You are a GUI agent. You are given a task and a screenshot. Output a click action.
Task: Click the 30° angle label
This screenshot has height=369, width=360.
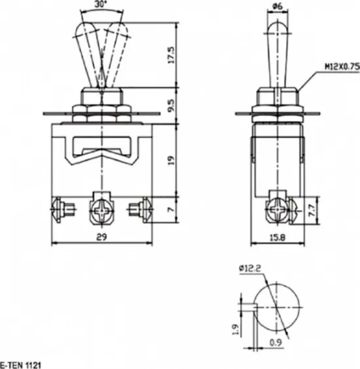tap(101, 5)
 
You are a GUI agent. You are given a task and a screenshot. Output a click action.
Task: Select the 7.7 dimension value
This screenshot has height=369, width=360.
tap(312, 210)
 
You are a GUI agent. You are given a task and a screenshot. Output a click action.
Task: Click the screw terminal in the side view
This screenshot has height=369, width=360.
tap(277, 211)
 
